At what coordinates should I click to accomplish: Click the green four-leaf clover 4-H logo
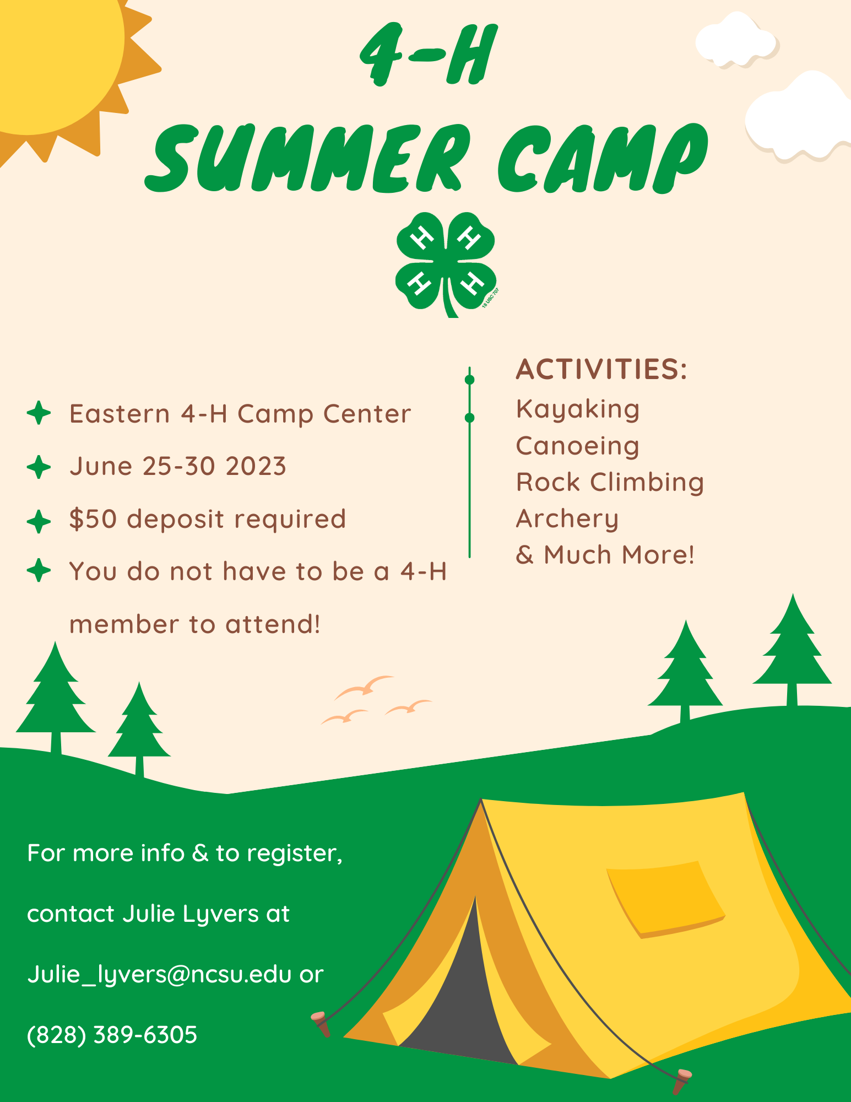tap(446, 264)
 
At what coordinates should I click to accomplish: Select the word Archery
tap(567, 519)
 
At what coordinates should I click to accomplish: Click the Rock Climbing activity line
tap(610, 482)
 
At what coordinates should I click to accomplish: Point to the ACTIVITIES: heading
tap(601, 369)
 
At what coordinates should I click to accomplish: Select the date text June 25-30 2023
tap(177, 466)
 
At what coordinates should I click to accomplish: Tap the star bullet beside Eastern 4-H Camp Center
tap(39, 413)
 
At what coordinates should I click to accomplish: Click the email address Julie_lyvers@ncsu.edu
tap(159, 974)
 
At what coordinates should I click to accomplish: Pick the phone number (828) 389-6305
tap(112, 1035)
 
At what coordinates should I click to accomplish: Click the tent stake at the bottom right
tap(681, 1082)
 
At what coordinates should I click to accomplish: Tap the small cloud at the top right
tap(736, 40)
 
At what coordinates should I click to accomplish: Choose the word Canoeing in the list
tap(578, 446)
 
